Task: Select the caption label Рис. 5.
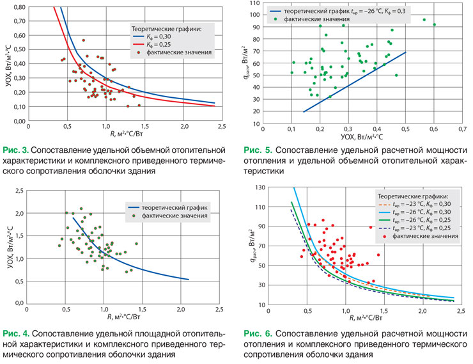[x=258, y=151]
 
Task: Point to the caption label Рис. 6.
[x=258, y=334]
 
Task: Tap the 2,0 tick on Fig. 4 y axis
[x=19, y=214]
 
